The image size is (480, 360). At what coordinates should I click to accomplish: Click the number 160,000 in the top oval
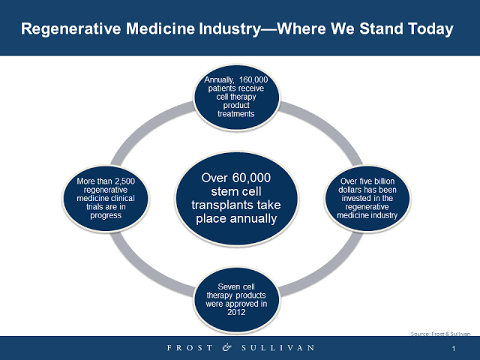point(253,80)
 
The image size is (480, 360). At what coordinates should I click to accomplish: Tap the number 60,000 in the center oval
point(251,178)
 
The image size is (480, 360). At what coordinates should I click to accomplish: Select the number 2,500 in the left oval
point(125,181)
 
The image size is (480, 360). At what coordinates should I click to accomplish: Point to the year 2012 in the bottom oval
point(236,312)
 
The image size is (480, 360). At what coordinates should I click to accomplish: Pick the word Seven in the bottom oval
point(226,286)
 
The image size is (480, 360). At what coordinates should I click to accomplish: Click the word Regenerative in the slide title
point(71,28)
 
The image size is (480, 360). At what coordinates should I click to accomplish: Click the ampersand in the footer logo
point(226,347)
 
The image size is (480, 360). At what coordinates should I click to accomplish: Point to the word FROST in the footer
point(190,348)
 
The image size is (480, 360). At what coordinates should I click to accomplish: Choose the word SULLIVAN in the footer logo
point(278,348)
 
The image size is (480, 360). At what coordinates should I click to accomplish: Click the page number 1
point(454,349)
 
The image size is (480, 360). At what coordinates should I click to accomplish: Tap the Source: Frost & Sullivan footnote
point(440,334)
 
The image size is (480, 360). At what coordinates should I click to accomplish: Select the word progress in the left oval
point(106,215)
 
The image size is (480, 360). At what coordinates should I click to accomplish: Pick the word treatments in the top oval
point(236,114)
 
